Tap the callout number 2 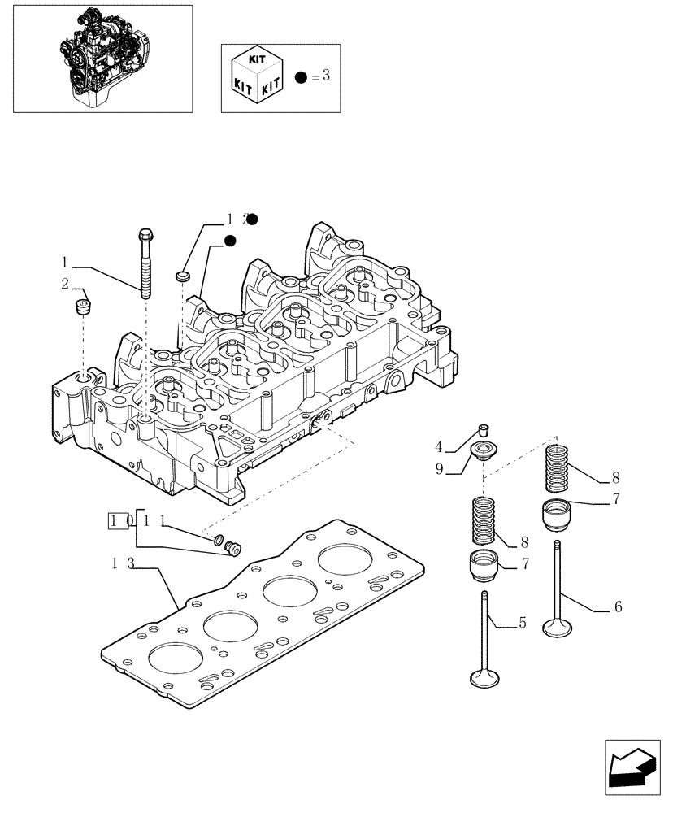(x=64, y=284)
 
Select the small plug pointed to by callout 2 (x=81, y=307)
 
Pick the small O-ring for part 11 (x=218, y=538)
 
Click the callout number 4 (x=438, y=446)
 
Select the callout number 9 (x=438, y=468)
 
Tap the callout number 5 (x=523, y=624)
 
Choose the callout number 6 (x=619, y=606)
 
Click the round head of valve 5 (x=484, y=676)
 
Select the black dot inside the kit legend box (x=301, y=77)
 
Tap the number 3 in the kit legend (x=326, y=76)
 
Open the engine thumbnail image (x=102, y=59)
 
